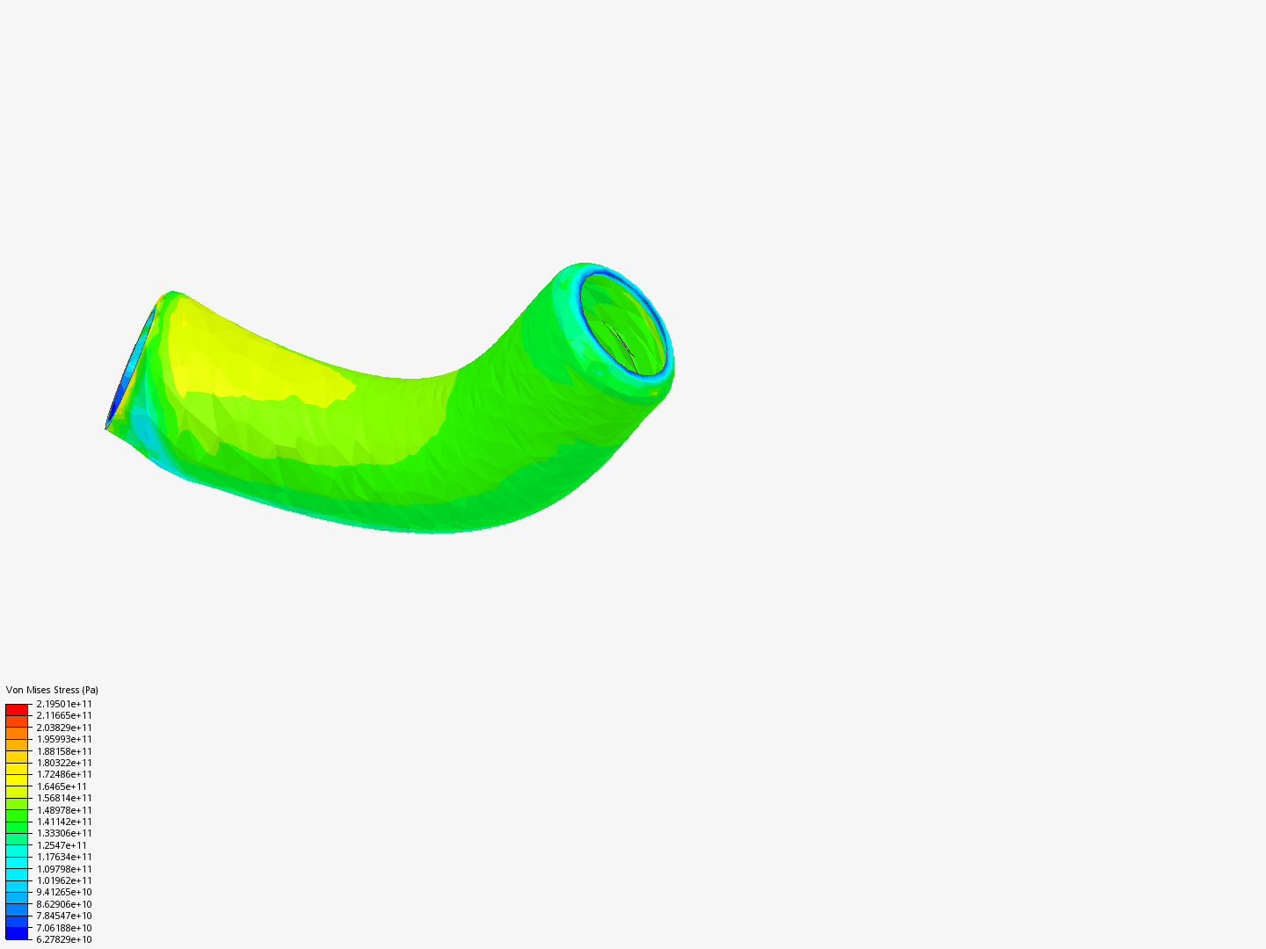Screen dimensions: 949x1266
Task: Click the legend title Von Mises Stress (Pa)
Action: (x=52, y=690)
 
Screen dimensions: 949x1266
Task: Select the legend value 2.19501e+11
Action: (x=64, y=704)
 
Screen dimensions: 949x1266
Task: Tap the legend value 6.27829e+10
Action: (x=64, y=939)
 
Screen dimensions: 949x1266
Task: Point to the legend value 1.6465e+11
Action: (x=62, y=786)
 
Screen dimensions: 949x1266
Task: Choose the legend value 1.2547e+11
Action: (x=62, y=845)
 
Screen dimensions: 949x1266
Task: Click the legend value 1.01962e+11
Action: (x=64, y=880)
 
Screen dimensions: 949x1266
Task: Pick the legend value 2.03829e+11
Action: (x=64, y=728)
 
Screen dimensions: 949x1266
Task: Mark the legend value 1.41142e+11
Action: (x=64, y=822)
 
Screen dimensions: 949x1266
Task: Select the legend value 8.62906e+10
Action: (x=64, y=904)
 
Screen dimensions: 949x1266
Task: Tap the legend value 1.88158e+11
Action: (x=64, y=751)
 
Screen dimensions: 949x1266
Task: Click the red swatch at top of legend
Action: (x=17, y=709)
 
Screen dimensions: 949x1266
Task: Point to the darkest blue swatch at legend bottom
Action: (x=17, y=933)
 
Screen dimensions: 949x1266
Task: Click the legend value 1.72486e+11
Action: (x=64, y=774)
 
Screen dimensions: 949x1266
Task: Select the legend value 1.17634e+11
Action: (x=64, y=857)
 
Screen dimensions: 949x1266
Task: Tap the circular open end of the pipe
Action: (x=624, y=325)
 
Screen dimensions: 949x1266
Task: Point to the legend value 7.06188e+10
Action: (x=64, y=928)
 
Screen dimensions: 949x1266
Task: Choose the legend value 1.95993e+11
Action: (x=64, y=739)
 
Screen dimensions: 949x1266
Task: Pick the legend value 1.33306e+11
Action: (x=64, y=833)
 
